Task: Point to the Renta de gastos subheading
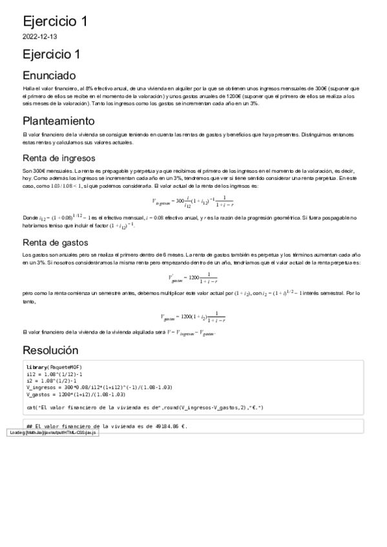56,243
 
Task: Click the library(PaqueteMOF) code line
54,367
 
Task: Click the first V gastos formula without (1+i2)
193,278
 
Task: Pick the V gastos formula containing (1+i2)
193,316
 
